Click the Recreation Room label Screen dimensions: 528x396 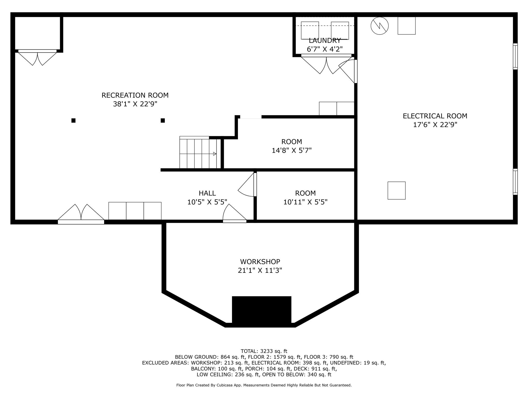pyautogui.click(x=135, y=95)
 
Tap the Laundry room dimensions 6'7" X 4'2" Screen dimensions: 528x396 pyautogui.click(x=325, y=49)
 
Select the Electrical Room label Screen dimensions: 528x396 pyautogui.click(x=435, y=116)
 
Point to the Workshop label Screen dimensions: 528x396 pyautogui.click(x=260, y=262)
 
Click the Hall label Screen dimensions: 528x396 pyautogui.click(x=207, y=193)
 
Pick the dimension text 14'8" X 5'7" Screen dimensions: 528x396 pyautogui.click(x=292, y=150)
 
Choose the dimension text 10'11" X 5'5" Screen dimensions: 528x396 pyautogui.click(x=305, y=202)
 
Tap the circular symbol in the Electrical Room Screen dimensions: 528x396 pyautogui.click(x=379, y=26)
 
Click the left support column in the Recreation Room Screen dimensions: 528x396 pyautogui.click(x=73, y=120)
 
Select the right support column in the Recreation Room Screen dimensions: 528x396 pyautogui.click(x=163, y=120)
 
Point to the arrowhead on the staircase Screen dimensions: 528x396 pyautogui.click(x=215, y=154)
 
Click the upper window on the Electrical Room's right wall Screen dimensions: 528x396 pyautogui.click(x=515, y=56)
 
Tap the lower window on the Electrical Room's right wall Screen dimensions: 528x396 pyautogui.click(x=515, y=182)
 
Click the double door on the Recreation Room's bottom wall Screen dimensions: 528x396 pyautogui.click(x=81, y=214)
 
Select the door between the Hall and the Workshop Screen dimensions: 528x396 pyautogui.click(x=235, y=213)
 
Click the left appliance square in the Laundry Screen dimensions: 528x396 pyautogui.click(x=310, y=30)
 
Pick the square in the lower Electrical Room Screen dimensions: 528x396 pyautogui.click(x=397, y=191)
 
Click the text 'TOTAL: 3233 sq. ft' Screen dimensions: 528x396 pyautogui.click(x=264, y=351)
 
